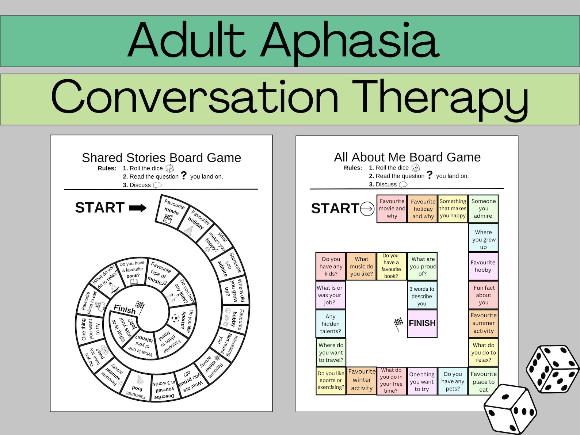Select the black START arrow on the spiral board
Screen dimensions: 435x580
(138, 208)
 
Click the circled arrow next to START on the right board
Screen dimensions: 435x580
(367, 209)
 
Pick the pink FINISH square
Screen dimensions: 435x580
(422, 323)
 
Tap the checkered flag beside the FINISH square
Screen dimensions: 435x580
(398, 324)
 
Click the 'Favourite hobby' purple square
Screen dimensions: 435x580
(483, 266)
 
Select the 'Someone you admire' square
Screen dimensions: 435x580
(483, 209)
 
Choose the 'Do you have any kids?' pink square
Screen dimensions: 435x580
(331, 266)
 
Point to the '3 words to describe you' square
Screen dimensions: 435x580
(422, 296)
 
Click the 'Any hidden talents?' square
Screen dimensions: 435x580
(330, 324)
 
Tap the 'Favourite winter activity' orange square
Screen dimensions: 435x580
(362, 380)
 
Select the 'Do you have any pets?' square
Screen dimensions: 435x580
(453, 381)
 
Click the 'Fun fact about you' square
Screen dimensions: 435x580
(483, 295)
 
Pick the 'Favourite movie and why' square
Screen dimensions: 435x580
(392, 209)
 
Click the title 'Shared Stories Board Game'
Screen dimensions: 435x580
(161, 158)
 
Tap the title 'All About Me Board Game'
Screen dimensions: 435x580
(407, 157)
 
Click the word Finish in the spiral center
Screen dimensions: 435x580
(125, 309)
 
